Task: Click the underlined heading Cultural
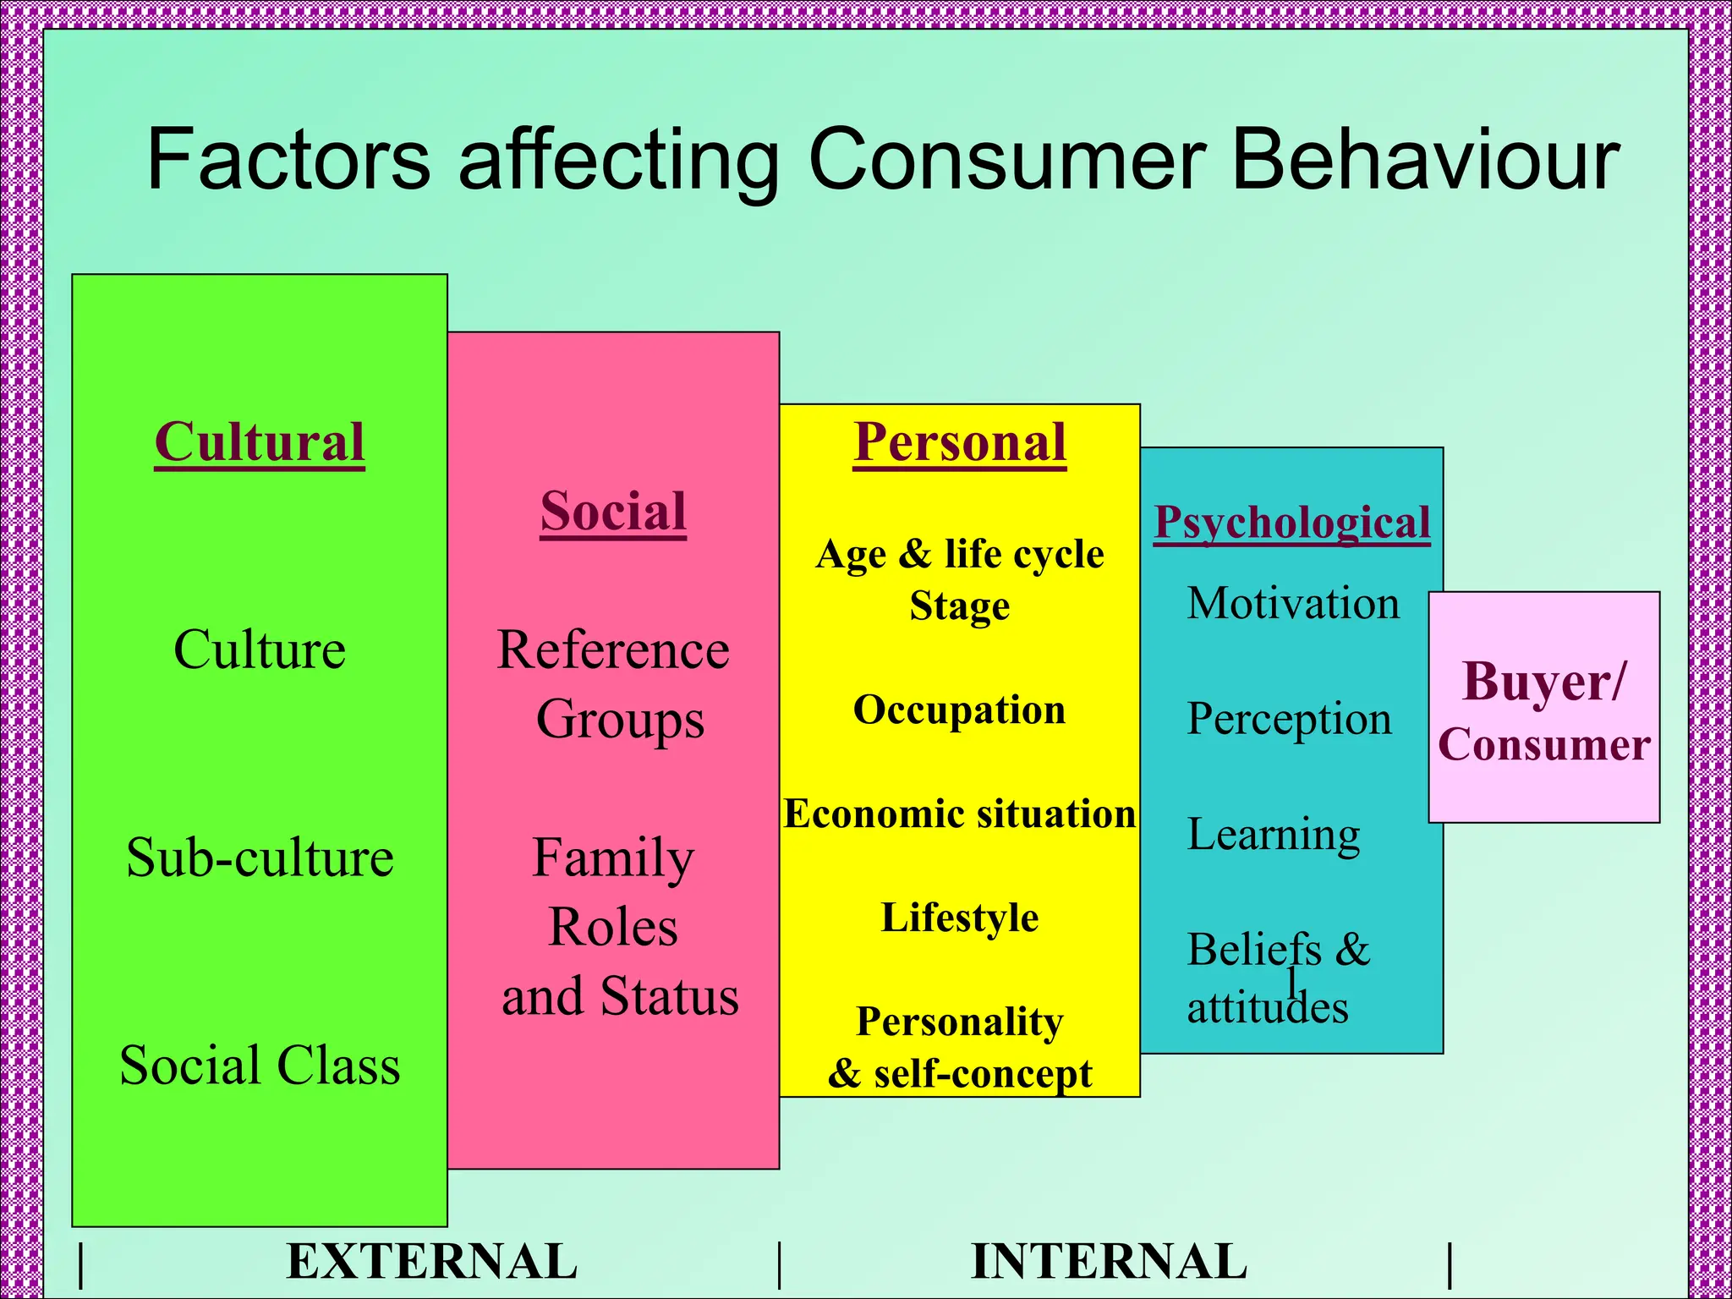[260, 441]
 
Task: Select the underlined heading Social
[613, 511]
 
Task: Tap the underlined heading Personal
[960, 441]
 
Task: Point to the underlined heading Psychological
[1292, 522]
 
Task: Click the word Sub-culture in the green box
[260, 857]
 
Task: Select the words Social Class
[260, 1065]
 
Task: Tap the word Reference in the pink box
[613, 649]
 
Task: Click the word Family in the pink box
[613, 858]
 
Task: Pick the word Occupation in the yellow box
[959, 710]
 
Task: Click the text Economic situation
[959, 814]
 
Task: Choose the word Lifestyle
[959, 918]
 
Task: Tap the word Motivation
[1293, 603]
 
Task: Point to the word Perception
[1289, 719]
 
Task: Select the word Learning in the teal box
[1274, 835]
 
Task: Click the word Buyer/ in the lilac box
[1543, 682]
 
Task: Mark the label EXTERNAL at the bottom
[431, 1262]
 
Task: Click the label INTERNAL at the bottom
[1109, 1262]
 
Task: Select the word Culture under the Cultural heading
[260, 649]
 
